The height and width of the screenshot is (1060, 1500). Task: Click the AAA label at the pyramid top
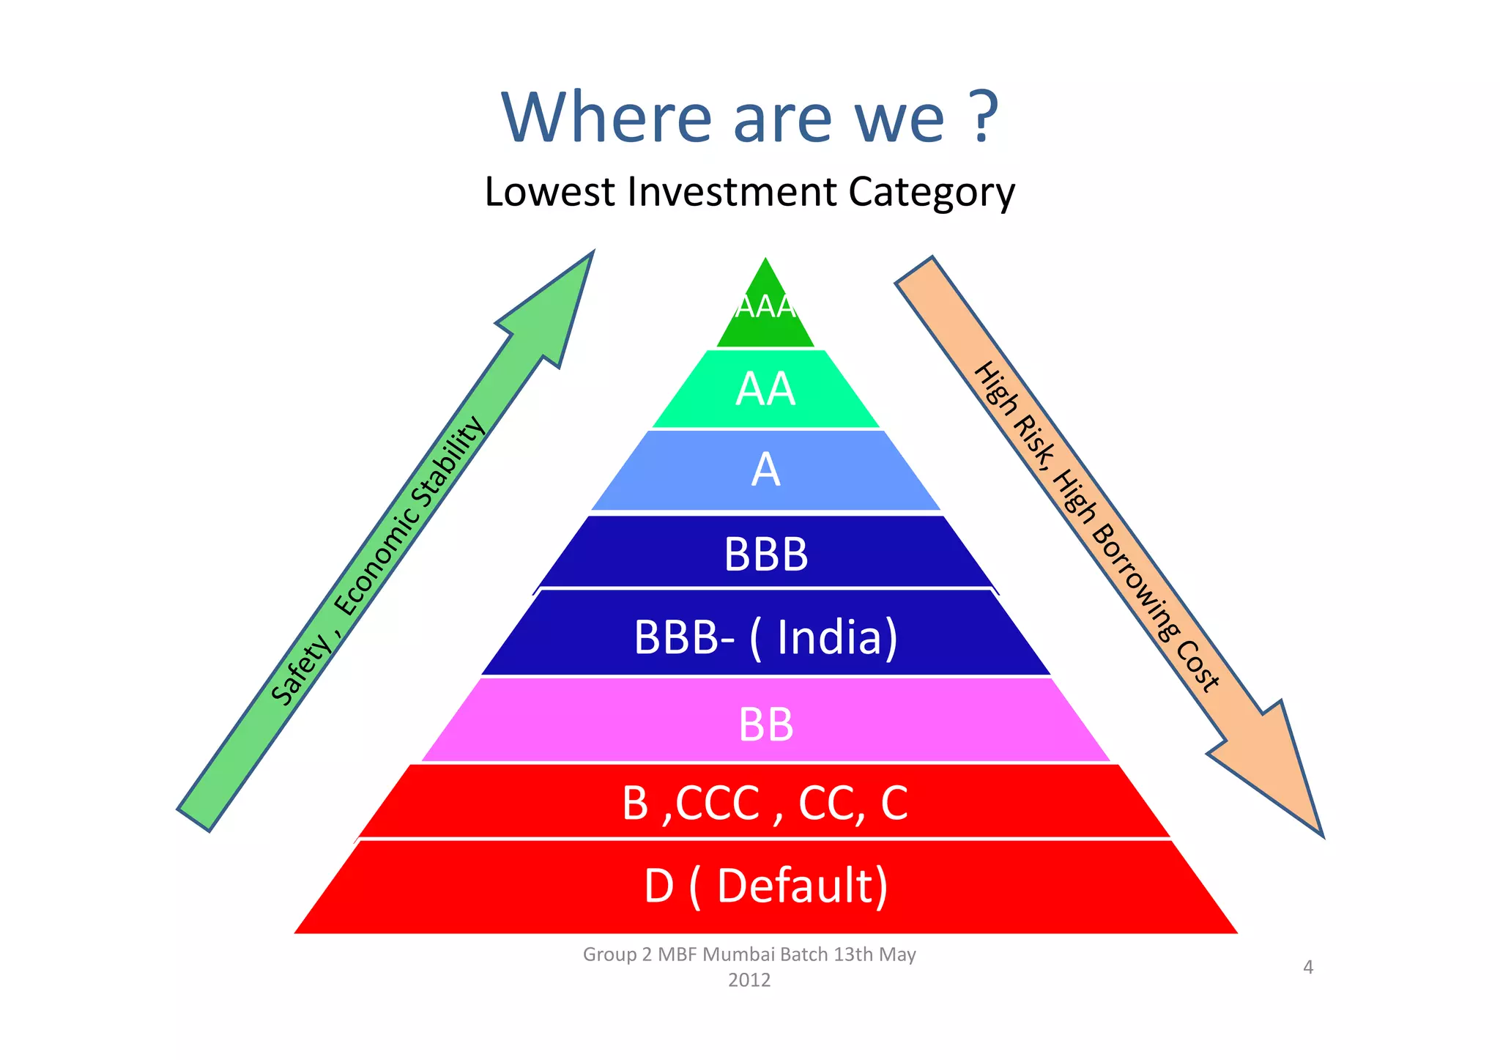coord(765,306)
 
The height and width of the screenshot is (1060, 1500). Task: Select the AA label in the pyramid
coord(765,389)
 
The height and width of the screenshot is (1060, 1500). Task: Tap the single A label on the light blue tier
coord(765,470)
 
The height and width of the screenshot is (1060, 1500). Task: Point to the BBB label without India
coord(765,554)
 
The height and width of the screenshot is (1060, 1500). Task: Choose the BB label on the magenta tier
coord(765,724)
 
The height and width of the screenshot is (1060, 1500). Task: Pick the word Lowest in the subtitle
coord(549,192)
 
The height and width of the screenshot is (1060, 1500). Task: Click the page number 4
coord(1308,967)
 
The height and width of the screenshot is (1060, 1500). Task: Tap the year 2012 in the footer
coord(749,980)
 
